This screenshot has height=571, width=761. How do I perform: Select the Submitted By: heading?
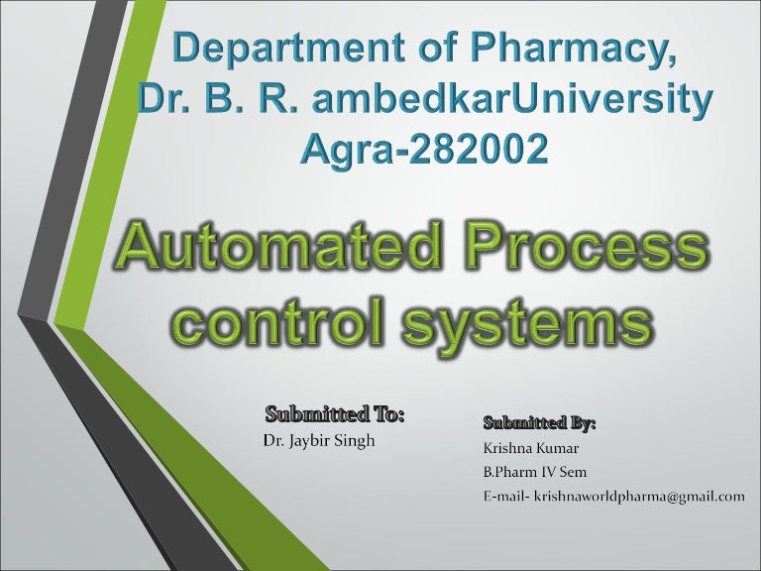(540, 423)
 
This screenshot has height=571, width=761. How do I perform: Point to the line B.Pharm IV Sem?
(533, 472)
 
